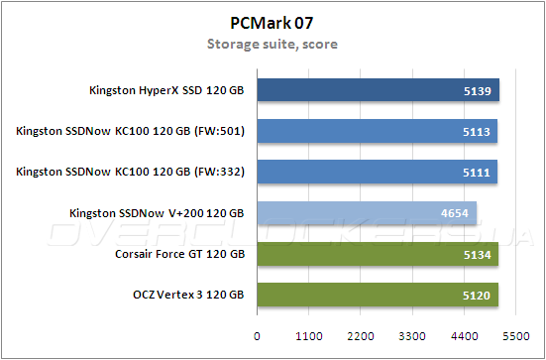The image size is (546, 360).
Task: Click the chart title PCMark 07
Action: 273,23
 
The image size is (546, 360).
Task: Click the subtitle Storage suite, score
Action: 272,44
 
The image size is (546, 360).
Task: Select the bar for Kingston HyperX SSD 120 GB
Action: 378,90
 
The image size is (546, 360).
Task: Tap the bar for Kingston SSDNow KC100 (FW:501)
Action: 377,131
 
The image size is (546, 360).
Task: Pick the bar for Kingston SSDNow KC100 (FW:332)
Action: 377,173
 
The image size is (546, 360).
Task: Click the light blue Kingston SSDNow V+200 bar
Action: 367,213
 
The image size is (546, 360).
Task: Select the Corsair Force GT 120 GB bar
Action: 378,255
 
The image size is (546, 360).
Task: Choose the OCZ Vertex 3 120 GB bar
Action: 377,296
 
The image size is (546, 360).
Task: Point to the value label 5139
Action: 478,90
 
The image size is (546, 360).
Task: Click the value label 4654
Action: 456,213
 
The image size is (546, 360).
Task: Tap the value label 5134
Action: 478,255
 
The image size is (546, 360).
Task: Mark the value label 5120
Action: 477,296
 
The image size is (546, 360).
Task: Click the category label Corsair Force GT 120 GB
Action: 179,255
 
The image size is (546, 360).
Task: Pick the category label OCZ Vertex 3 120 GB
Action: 186,296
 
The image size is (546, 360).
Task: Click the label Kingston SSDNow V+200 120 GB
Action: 157,213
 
